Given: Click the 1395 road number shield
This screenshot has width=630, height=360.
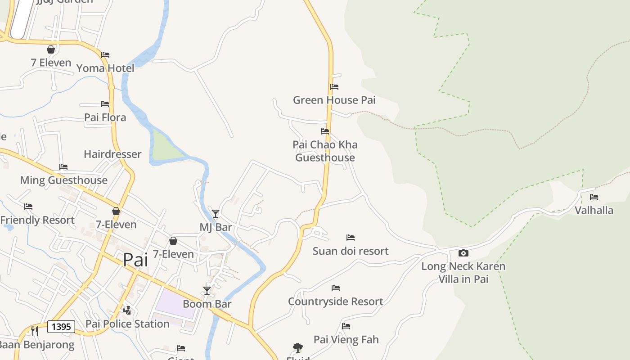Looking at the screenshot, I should [x=61, y=326].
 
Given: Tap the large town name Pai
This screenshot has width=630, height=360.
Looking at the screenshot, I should [x=135, y=260].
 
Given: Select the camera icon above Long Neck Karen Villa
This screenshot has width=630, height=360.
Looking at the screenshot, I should [x=463, y=253].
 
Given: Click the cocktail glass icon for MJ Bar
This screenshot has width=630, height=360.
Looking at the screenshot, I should [x=216, y=214].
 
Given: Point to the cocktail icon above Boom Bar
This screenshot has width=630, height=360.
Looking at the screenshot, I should [x=207, y=291].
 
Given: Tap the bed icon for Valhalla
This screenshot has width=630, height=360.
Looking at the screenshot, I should [x=594, y=197].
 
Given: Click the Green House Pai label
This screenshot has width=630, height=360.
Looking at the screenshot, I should [x=334, y=100].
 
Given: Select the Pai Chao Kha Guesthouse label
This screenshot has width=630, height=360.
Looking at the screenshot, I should [x=325, y=151].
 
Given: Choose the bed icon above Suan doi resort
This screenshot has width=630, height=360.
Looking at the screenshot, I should [x=351, y=238].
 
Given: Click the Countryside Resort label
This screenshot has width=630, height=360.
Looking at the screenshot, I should [x=335, y=301].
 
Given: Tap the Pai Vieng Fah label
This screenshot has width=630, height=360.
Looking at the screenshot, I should [x=346, y=339].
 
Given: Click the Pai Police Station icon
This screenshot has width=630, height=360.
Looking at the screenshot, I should [x=127, y=310].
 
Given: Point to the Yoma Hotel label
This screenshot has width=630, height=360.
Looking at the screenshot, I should [x=105, y=68].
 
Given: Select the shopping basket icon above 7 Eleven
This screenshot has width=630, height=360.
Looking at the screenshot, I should [x=51, y=49].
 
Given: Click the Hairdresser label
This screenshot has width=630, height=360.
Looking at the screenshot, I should [x=112, y=154].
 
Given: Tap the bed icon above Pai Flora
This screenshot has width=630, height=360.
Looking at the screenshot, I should [x=105, y=104].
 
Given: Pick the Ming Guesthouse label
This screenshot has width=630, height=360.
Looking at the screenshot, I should [x=63, y=180].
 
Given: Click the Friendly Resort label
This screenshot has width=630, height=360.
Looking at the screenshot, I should [x=37, y=220].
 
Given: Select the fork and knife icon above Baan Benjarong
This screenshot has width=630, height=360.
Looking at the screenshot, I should [x=35, y=331].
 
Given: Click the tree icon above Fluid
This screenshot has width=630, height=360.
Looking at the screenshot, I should [x=297, y=347].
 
